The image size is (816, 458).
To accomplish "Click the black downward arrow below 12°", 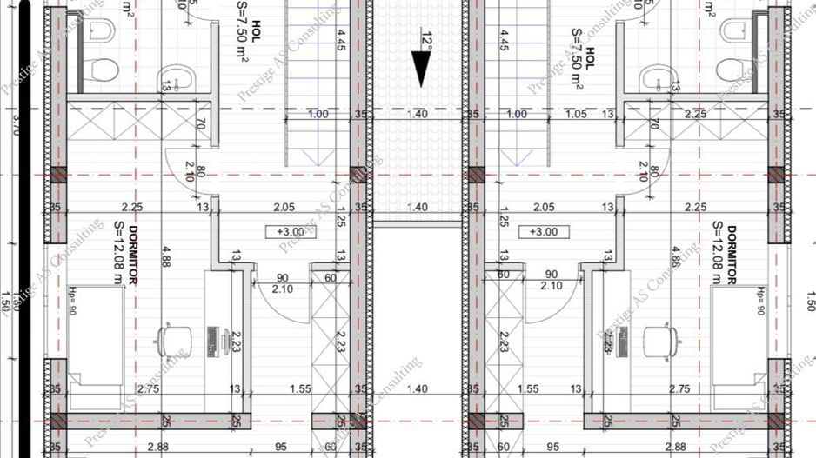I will coord(421,70).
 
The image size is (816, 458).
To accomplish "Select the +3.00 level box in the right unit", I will coord(543,231).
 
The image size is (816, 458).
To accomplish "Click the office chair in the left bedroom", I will coord(172,339).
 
